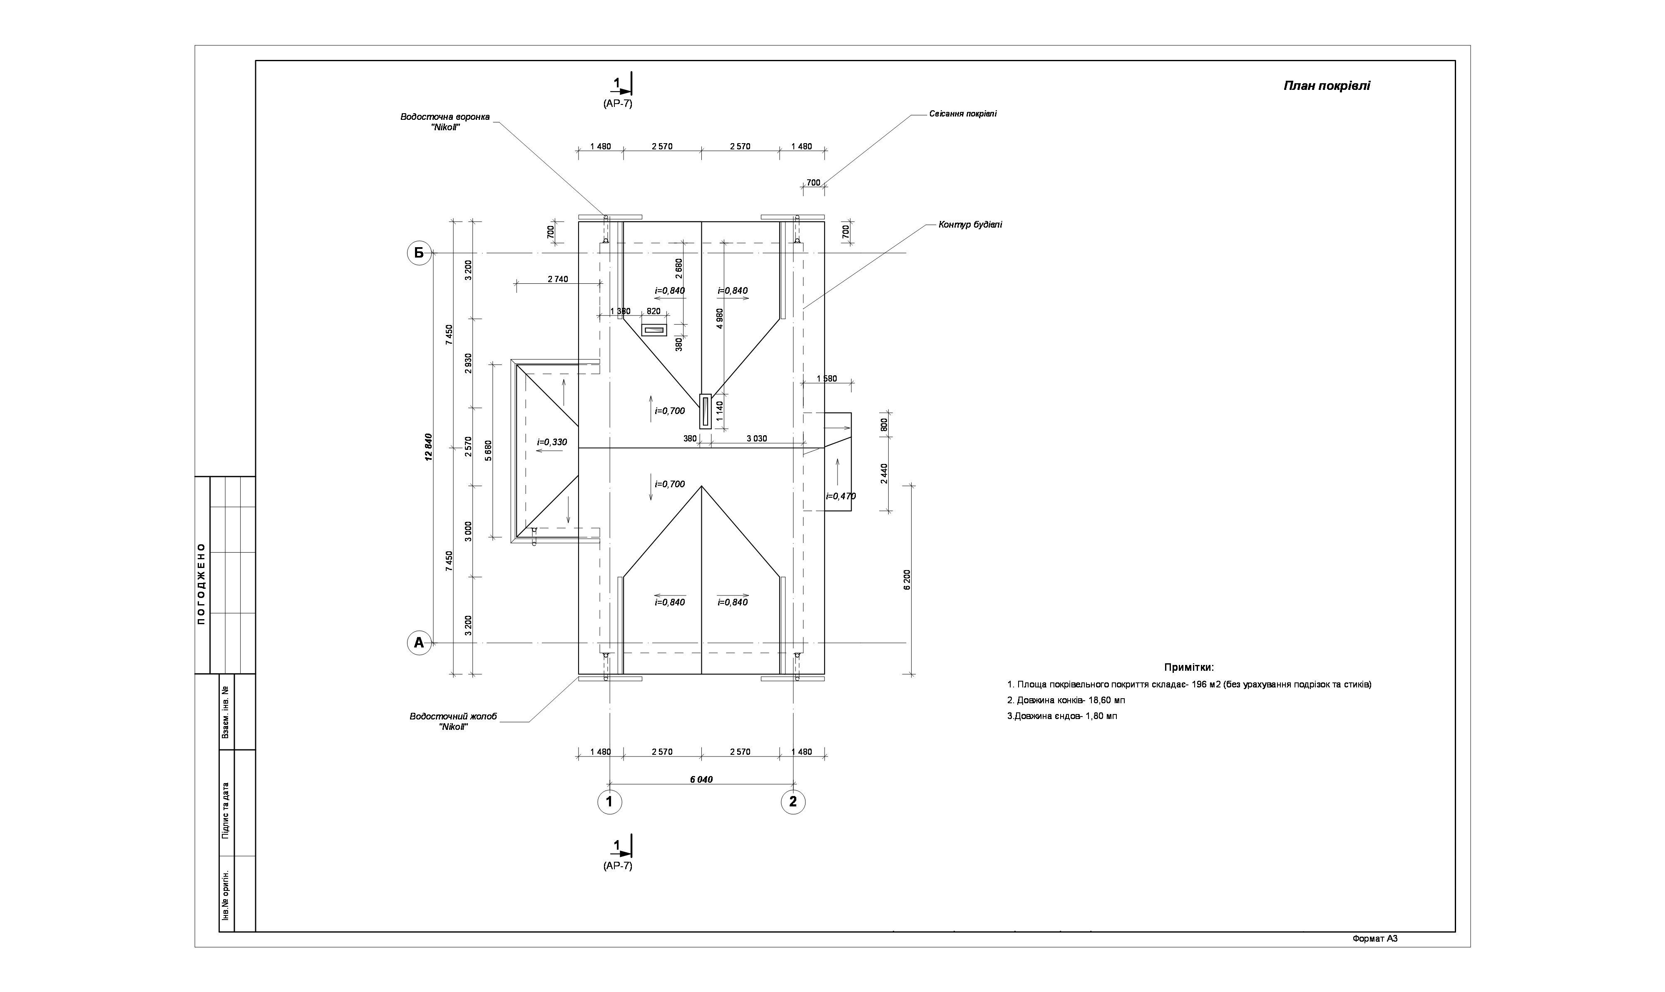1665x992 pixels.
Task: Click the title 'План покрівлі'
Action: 1327,86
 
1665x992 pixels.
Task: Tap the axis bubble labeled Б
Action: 419,253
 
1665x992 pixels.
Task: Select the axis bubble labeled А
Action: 419,643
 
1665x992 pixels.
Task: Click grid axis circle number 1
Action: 609,801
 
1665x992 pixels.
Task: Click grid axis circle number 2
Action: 793,801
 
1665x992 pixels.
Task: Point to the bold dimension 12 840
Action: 429,446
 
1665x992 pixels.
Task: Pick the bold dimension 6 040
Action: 701,779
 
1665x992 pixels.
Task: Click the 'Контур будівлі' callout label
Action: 970,225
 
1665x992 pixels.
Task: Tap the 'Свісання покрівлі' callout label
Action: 963,114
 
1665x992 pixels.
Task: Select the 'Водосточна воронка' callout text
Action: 445,117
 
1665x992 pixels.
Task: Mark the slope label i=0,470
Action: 840,496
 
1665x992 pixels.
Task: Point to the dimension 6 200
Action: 907,580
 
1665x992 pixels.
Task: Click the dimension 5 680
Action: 488,451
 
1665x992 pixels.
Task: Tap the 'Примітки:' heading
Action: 1189,667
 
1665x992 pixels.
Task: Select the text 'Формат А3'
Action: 1375,938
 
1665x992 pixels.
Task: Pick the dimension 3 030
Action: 756,439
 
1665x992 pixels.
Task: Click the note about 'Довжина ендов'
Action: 1062,716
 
